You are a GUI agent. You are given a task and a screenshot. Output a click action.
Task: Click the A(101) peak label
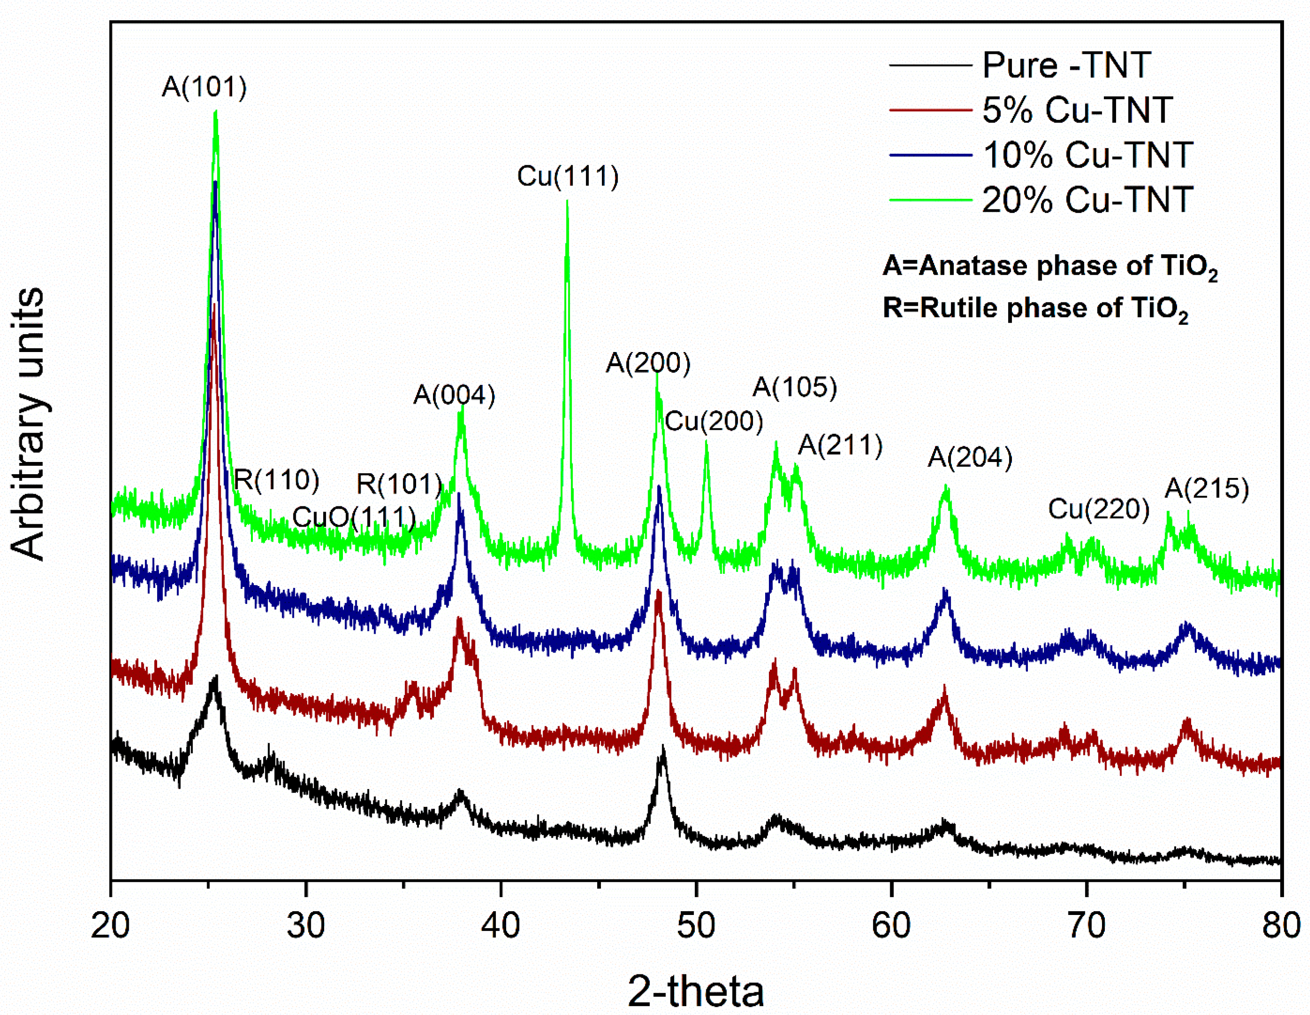[x=204, y=88]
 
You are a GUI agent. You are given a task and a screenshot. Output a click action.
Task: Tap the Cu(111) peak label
[x=567, y=176]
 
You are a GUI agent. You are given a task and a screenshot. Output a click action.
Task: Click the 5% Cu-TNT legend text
[x=1076, y=110]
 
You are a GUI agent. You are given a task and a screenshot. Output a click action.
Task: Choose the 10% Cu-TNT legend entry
[x=1087, y=155]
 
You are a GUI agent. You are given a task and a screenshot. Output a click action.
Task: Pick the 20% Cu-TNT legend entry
[x=1087, y=200]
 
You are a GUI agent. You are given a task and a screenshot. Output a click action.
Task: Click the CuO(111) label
[x=354, y=517]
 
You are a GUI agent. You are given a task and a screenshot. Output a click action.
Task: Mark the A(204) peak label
[x=970, y=458]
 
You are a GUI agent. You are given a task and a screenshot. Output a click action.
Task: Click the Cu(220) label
[x=1098, y=509]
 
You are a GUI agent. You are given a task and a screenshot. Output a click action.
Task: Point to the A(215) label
[x=1207, y=489]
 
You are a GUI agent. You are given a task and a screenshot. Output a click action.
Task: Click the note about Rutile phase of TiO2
[x=1035, y=308]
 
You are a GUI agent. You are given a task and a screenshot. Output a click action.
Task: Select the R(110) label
[x=276, y=479]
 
